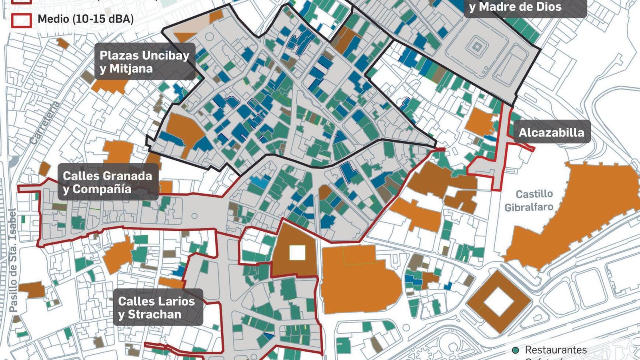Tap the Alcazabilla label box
551,132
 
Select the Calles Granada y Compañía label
107,182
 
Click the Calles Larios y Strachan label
156,307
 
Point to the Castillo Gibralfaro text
534,200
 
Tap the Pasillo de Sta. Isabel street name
13,260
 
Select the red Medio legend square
21,20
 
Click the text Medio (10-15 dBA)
86,19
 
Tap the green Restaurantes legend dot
516,350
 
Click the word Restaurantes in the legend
556,350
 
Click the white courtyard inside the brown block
297,253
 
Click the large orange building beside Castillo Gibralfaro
576,216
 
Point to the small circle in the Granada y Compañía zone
194,216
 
